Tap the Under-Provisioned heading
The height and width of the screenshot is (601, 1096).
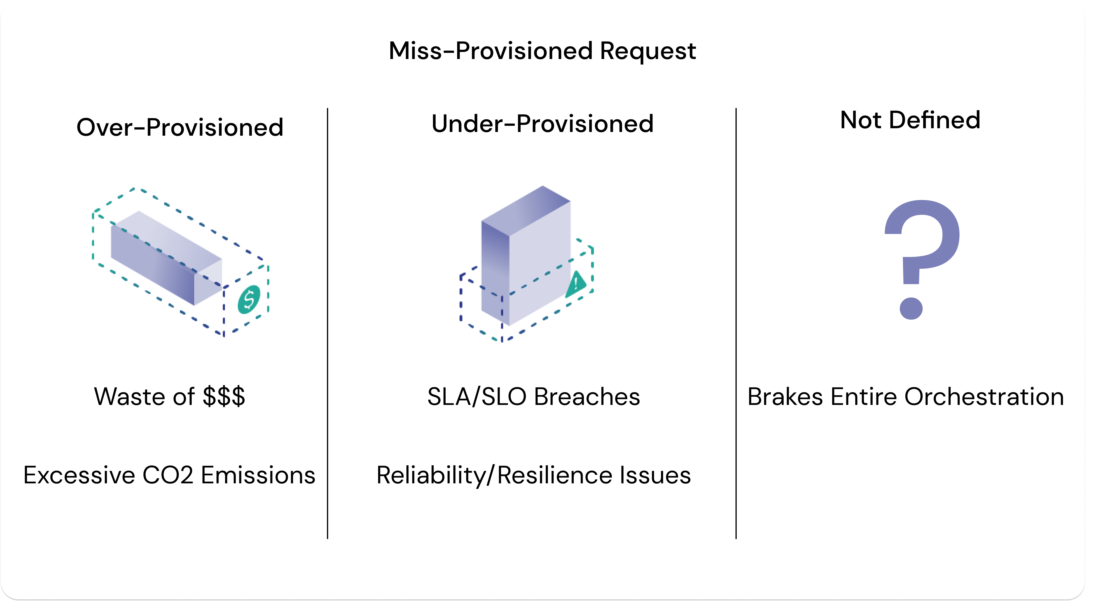click(543, 124)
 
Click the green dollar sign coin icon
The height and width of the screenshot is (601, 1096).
click(249, 299)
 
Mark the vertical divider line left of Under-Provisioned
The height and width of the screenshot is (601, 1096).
click(328, 323)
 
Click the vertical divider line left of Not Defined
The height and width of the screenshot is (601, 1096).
click(736, 323)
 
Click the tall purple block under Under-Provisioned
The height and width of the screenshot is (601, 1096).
click(526, 255)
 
